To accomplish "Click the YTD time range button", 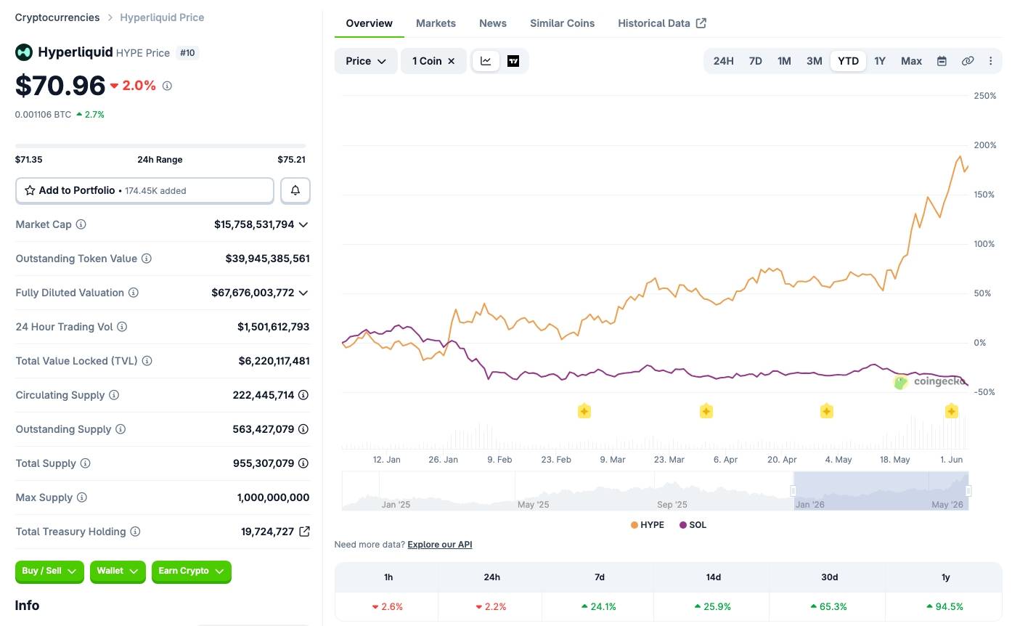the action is coord(848,61).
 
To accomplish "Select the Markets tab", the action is coord(436,23).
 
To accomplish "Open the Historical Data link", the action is coord(662,23).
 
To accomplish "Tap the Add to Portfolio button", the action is coord(144,190).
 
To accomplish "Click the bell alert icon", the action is coord(295,190).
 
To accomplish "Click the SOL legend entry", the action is coord(693,525).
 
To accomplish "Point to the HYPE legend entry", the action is coord(647,525).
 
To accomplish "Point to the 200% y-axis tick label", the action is coord(985,145).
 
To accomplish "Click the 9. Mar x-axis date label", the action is coord(612,460).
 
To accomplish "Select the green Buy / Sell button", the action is coord(49,572).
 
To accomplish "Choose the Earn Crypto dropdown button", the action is coord(191,572).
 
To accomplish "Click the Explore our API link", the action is coord(440,544).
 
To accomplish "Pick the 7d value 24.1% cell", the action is coord(599,606).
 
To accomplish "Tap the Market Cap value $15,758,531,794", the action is coord(254,224).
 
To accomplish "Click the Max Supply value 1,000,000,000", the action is coord(274,497).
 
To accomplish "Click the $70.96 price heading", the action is coord(60,86).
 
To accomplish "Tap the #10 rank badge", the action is coord(187,53).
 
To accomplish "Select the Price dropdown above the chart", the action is coord(365,61).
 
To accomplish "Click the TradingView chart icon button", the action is coord(513,61).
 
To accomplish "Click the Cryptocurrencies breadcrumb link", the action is coord(57,17).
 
